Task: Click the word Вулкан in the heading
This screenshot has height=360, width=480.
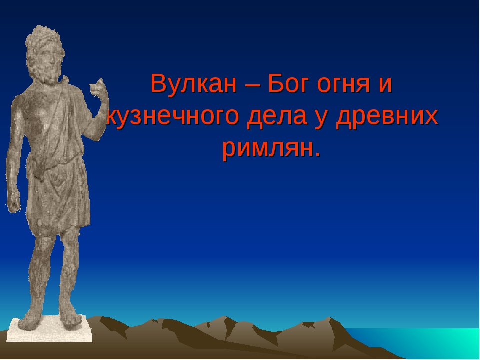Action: tap(194, 83)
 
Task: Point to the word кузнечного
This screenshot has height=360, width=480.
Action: tap(172, 118)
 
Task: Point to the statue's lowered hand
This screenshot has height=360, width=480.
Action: tap(13, 202)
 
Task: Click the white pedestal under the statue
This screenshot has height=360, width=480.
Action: tap(49, 330)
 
